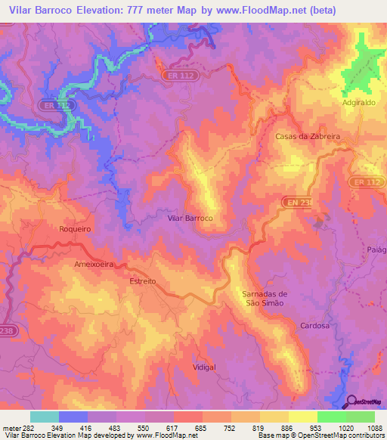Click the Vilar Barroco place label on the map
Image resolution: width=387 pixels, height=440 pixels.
[190, 217]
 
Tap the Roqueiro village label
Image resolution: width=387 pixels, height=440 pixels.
[74, 228]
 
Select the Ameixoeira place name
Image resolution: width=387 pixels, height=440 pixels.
[93, 265]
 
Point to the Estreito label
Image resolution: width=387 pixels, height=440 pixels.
[142, 280]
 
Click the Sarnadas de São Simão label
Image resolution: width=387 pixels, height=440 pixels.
[265, 298]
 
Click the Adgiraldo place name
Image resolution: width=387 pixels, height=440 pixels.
[358, 101]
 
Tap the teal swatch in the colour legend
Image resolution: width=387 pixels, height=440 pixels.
[45, 417]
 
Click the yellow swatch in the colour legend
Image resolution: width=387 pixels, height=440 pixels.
[302, 417]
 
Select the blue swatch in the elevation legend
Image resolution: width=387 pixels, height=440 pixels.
[73, 417]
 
